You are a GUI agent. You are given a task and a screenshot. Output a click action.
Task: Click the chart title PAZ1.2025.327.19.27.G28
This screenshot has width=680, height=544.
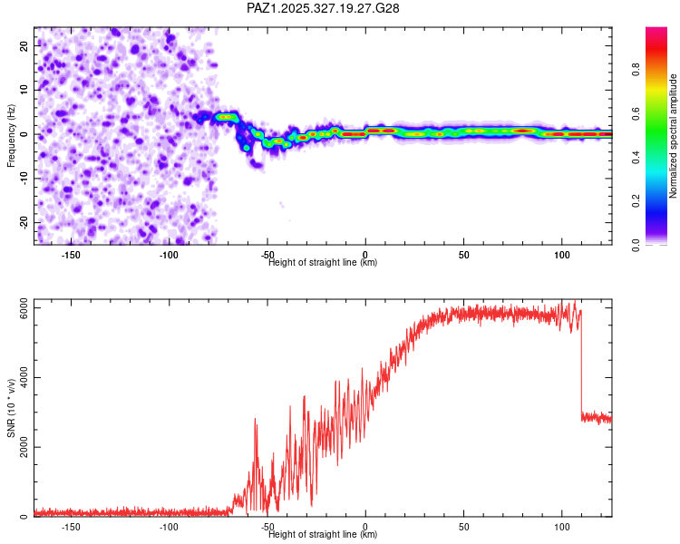tap(324, 8)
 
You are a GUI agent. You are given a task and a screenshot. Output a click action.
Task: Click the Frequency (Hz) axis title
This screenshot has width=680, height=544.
tap(12, 135)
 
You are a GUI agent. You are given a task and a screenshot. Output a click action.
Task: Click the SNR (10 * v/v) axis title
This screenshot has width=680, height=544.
tap(12, 408)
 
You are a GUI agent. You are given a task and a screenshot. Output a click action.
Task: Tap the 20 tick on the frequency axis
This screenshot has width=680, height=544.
tap(24, 44)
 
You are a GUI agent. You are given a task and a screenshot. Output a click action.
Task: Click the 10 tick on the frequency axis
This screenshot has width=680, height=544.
tap(24, 89)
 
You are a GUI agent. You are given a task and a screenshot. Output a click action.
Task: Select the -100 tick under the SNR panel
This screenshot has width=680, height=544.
tap(169, 527)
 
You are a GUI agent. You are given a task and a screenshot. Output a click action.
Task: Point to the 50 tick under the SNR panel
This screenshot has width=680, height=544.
tap(463, 527)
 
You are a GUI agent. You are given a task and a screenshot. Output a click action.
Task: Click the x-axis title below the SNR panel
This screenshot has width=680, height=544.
tap(323, 535)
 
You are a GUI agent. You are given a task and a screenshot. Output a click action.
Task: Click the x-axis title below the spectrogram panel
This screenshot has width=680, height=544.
tap(323, 263)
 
